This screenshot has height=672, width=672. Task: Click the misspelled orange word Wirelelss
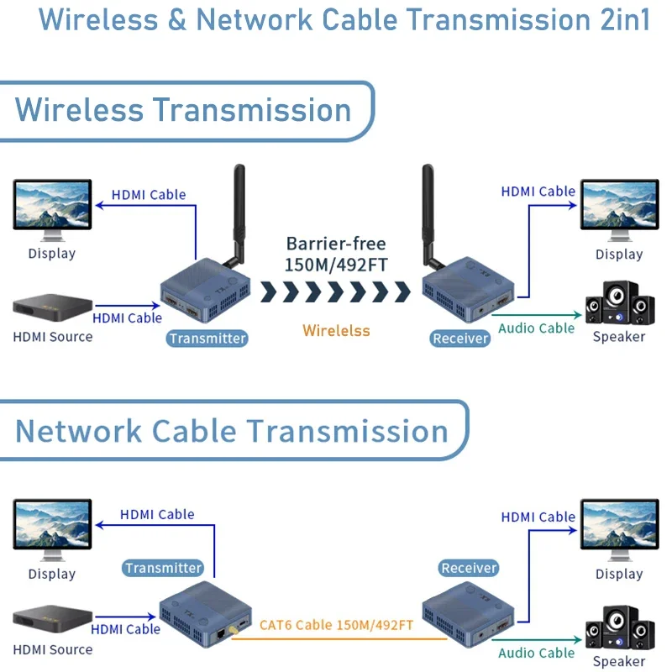(336, 330)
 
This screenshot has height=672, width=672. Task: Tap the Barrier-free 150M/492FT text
(336, 255)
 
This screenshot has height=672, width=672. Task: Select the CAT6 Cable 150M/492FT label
(336, 624)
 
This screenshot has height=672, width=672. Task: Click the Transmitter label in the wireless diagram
(207, 339)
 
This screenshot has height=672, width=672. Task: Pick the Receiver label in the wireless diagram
(460, 339)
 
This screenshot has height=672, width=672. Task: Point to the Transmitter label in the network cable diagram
(163, 568)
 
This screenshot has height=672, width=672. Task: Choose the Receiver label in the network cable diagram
(469, 568)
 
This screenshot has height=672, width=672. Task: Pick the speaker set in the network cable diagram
(620, 627)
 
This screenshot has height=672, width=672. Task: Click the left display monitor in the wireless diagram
(52, 206)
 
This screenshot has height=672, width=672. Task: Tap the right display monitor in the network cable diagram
(619, 529)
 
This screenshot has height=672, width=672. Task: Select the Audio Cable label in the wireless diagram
(537, 328)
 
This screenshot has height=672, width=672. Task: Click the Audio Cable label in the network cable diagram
(537, 653)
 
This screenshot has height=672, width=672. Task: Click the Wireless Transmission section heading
(183, 110)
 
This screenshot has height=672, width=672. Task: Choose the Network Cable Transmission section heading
(232, 431)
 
